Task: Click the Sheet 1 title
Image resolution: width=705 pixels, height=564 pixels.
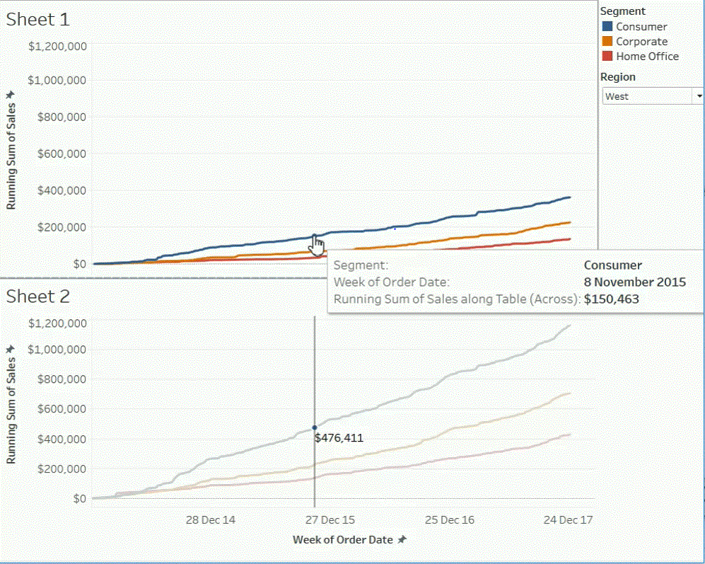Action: [38, 19]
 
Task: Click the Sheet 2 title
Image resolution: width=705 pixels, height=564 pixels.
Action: [38, 297]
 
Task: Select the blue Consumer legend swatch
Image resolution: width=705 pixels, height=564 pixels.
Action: [607, 26]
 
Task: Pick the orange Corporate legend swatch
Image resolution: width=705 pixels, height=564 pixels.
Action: [607, 41]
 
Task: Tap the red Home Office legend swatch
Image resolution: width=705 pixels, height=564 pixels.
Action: [607, 56]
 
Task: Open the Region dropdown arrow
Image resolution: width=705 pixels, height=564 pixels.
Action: [699, 96]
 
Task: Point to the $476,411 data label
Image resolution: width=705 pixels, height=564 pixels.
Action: [339, 438]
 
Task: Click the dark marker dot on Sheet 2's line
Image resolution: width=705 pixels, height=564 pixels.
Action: [315, 427]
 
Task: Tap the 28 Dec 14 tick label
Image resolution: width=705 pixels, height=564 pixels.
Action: [210, 520]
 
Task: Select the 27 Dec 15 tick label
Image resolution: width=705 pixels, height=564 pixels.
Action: [330, 520]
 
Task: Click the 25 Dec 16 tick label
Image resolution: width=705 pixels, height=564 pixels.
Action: [449, 520]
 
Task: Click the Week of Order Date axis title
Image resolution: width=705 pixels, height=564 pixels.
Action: [343, 539]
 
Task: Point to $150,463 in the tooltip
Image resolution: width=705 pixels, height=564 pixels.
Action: [611, 299]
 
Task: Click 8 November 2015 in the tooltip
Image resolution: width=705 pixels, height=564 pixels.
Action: [634, 282]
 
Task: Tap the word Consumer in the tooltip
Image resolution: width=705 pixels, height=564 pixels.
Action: [612, 265]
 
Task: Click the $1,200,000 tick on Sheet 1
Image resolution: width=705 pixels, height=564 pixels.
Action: [57, 47]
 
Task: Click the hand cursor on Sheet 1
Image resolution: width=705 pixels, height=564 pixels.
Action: [317, 246]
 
